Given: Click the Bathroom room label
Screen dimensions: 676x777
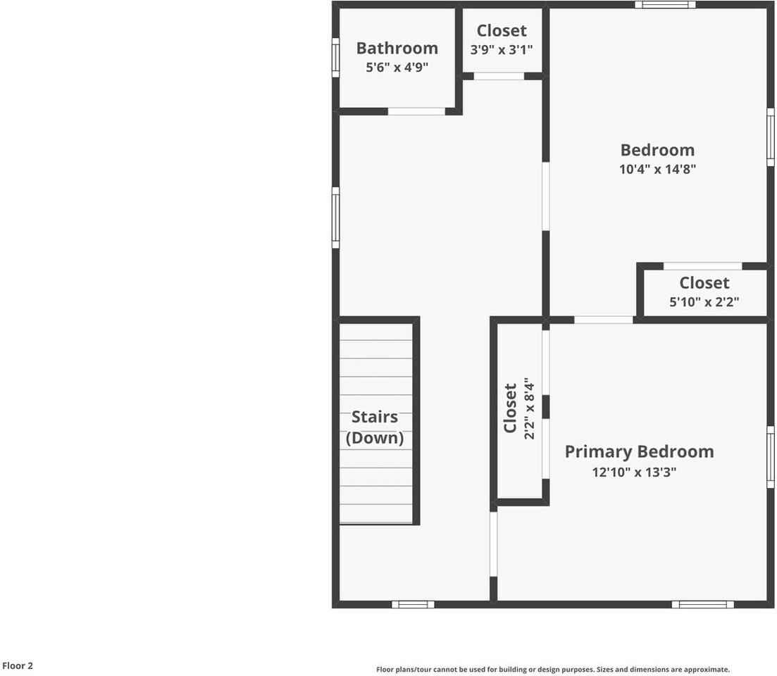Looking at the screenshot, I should pos(397,48).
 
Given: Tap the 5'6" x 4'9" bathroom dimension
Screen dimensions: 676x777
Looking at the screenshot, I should pos(397,68).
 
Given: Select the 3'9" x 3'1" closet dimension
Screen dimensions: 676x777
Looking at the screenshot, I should pos(502,49).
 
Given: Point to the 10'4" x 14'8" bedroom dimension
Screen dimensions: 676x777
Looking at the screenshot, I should pos(657,169).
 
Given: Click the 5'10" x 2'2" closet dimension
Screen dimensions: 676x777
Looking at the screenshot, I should pos(704,303).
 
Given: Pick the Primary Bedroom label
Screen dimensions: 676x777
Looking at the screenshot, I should pos(639,451).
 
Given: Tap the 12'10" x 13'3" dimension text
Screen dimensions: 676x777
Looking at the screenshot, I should pos(634,472).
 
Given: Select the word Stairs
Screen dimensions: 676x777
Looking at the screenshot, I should pos(375,417).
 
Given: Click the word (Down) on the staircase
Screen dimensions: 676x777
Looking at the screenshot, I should pos(375,438).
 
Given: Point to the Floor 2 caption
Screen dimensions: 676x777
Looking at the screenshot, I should pos(18,665).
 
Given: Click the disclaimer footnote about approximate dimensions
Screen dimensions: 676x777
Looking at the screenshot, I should pos(553,670).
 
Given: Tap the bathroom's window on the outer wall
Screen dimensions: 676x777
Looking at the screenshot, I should pos(336,57).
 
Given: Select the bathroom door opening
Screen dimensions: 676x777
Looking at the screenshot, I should pos(416,111).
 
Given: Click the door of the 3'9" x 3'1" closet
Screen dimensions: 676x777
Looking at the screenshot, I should pos(499,76).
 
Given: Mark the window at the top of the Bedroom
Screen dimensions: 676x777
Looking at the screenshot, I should pos(665,5).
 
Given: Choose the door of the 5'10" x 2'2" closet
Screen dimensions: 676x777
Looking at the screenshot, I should pos(702,266).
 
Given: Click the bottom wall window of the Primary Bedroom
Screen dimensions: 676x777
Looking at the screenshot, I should pos(702,604).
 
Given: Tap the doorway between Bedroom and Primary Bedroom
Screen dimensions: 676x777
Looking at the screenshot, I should pos(603,320).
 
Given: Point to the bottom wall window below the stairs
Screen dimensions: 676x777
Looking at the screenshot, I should pos(413,604).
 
